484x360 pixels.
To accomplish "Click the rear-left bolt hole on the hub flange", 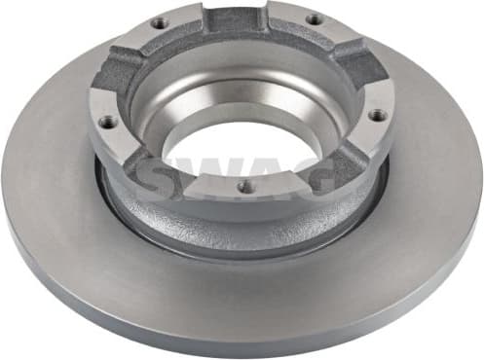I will pos(158,22).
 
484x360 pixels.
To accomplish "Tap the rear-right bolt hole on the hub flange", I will pos(314,19).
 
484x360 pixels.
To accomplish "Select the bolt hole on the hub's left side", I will pos(106,121).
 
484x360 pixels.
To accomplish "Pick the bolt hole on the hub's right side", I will pos(377,115).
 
